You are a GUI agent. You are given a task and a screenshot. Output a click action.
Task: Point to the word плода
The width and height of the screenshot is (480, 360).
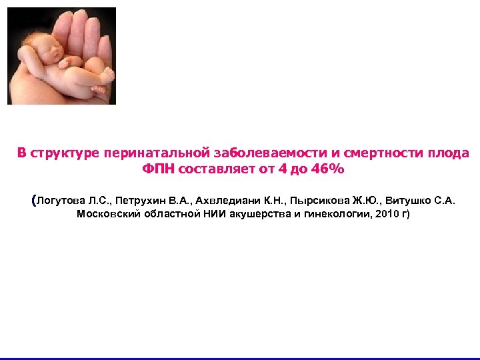449,153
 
